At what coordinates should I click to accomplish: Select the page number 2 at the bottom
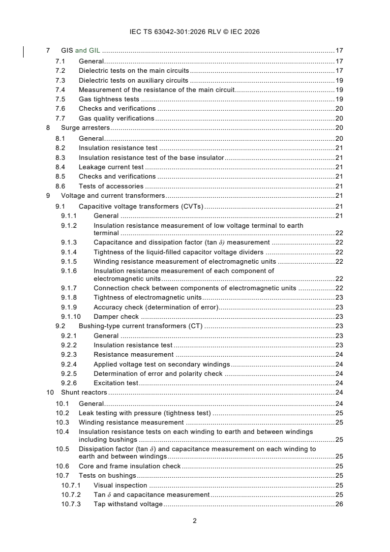click(x=195, y=521)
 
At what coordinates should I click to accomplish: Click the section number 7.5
click(x=60, y=99)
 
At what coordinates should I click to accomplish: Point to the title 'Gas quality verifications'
click(x=116, y=118)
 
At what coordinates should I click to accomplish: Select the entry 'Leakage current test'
click(x=111, y=167)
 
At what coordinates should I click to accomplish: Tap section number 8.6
click(x=60, y=186)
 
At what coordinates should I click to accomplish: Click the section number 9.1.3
click(x=69, y=243)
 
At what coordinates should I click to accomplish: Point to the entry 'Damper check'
click(x=116, y=317)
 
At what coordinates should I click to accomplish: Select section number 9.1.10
click(x=71, y=317)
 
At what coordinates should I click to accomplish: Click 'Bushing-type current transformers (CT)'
click(x=140, y=326)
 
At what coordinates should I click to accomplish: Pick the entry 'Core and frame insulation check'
click(x=129, y=466)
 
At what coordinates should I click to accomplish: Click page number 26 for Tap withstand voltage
click(x=339, y=504)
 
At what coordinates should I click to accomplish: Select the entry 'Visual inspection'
click(x=120, y=485)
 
